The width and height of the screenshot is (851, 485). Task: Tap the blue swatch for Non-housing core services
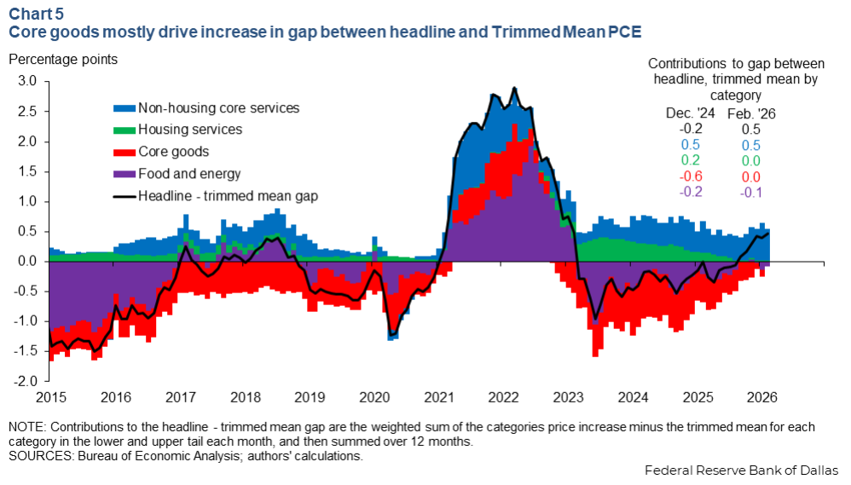tap(124, 109)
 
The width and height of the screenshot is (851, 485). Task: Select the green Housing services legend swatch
tap(124, 130)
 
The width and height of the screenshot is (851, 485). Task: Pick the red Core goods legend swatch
tap(124, 153)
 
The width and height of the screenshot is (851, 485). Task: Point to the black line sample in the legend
tap(124, 196)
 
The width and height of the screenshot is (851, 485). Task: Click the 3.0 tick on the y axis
tap(27, 82)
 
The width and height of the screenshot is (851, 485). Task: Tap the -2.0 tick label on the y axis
tap(26, 381)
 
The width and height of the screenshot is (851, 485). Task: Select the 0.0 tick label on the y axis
tap(27, 262)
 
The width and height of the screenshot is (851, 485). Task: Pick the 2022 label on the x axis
tap(504, 397)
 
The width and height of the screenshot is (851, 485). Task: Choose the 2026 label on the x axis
tap(762, 397)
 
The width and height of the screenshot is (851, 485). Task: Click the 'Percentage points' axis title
tap(64, 60)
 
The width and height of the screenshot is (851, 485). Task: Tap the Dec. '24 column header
tap(690, 113)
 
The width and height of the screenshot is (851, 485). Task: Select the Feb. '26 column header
tap(750, 113)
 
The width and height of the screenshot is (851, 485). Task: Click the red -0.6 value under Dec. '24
tap(691, 176)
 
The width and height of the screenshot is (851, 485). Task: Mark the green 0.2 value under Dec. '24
tap(691, 160)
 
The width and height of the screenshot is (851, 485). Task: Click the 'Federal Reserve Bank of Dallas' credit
tap(742, 471)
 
